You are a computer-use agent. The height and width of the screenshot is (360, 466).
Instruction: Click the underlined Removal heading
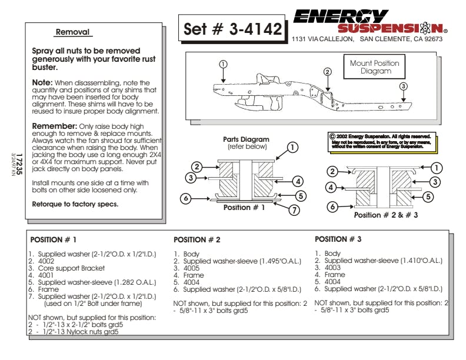point(72,32)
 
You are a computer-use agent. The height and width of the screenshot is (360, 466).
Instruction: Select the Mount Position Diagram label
point(375,67)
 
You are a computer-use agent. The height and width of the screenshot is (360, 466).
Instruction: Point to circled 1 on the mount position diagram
point(222,64)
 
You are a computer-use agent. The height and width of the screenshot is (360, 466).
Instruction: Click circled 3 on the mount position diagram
point(403,86)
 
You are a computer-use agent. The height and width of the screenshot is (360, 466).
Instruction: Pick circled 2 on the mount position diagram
point(328,71)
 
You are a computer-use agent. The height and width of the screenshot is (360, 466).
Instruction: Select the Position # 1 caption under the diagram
point(244,207)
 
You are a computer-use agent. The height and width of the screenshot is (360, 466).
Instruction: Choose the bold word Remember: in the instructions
point(54,126)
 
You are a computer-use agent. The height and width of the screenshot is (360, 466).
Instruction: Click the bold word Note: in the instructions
point(42,83)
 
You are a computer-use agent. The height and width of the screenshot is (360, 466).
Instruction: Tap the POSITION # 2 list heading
point(197,240)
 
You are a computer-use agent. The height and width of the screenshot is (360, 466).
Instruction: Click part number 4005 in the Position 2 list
point(191,267)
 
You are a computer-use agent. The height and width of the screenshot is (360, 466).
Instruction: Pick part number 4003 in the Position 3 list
point(332,267)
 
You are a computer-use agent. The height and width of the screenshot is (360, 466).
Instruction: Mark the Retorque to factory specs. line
point(75,204)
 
